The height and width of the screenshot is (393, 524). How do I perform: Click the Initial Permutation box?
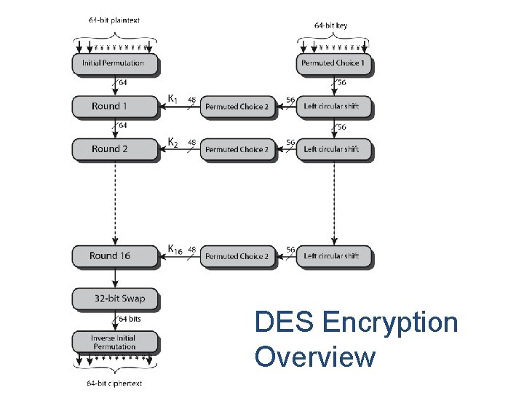click(115, 63)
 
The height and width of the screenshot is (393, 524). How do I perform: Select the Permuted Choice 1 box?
click(334, 63)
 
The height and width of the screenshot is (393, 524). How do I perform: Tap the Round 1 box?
click(115, 106)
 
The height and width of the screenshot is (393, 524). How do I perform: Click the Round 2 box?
click(115, 149)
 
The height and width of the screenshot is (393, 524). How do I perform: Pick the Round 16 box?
click(115, 256)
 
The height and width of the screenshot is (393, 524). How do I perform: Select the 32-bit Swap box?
click(115, 298)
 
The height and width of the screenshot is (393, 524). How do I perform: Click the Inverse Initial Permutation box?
click(114, 342)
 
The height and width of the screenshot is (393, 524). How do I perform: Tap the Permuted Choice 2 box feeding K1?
click(237, 107)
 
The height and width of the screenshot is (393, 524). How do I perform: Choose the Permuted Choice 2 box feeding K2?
click(237, 149)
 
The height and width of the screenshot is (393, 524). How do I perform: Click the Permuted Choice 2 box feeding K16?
click(237, 256)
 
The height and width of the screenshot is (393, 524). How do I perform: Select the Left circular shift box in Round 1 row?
click(333, 107)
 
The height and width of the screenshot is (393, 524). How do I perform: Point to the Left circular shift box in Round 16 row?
click(333, 256)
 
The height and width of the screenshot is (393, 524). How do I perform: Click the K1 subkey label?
click(173, 98)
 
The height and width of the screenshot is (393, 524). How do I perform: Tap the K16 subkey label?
click(175, 250)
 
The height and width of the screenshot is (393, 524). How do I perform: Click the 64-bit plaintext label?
click(114, 21)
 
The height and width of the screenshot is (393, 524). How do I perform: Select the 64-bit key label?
click(331, 25)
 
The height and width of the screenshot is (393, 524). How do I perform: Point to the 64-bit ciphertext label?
click(114, 383)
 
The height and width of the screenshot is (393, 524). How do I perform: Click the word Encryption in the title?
click(389, 322)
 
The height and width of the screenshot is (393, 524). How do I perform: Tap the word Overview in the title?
click(315, 357)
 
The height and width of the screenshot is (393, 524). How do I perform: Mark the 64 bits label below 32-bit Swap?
click(130, 319)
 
